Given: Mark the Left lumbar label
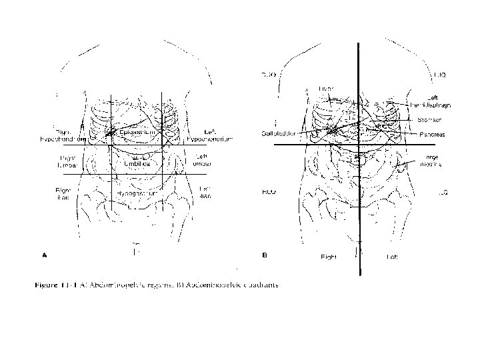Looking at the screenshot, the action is [203, 160].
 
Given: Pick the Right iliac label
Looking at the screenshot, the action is [63, 193].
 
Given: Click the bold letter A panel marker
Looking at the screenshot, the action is [44, 254].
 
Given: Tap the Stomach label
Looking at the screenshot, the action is [430, 120].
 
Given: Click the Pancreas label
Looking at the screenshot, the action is [432, 134].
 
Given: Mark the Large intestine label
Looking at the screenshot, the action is [431, 161].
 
